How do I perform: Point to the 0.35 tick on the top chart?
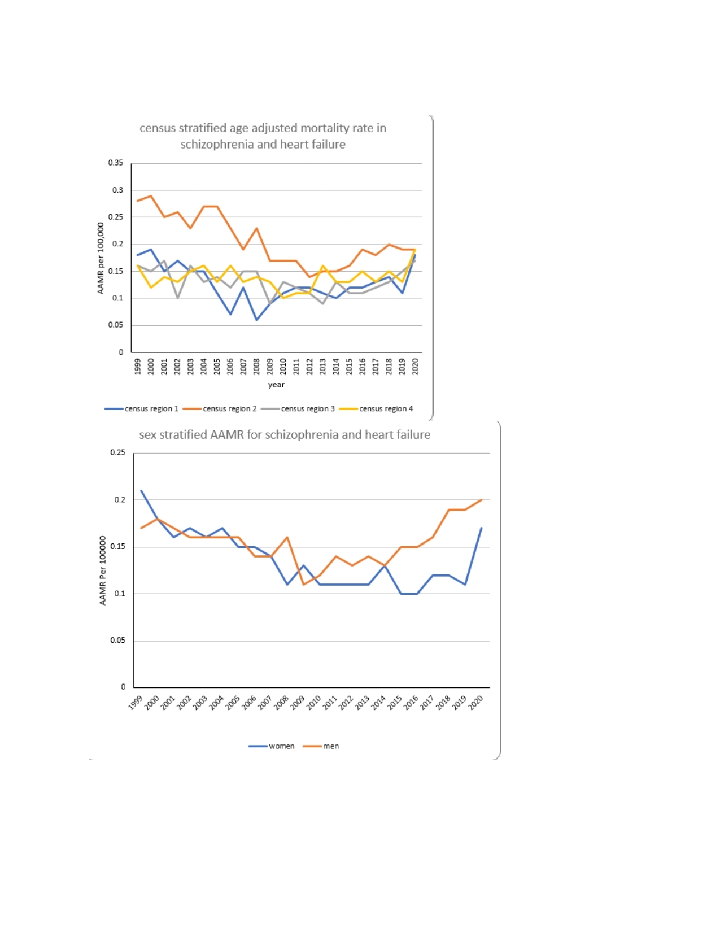[116, 163]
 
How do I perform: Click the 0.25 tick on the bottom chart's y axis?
[118, 452]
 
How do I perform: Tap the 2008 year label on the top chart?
[257, 367]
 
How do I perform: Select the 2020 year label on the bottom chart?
[476, 702]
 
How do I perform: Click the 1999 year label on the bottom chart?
[136, 703]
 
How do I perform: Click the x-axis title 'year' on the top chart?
[276, 385]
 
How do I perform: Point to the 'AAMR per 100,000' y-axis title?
[101, 258]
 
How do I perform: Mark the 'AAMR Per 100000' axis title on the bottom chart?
[103, 570]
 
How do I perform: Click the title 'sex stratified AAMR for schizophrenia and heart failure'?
[285, 435]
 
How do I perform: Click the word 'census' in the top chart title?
[158, 128]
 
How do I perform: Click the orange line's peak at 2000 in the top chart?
[151, 196]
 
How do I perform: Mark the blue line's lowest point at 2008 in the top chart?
[257, 320]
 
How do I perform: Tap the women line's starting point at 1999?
[141, 490]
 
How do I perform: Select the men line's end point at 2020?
[481, 500]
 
